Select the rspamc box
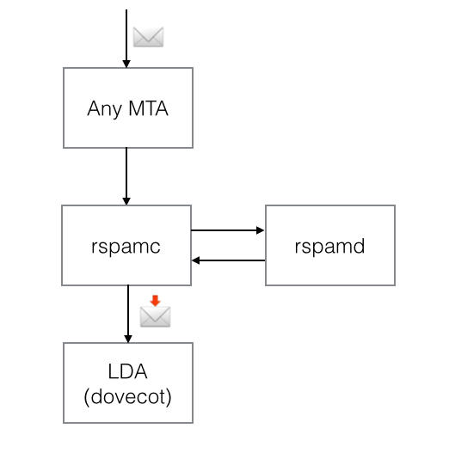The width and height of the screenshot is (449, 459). click(126, 245)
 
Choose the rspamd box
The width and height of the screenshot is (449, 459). click(329, 246)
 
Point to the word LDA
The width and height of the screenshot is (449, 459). click(127, 373)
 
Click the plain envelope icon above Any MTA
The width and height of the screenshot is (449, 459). click(148, 37)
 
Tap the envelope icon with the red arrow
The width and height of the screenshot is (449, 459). click(155, 315)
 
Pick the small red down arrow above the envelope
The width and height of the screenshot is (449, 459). click(155, 301)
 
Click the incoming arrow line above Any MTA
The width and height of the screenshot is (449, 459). click(126, 34)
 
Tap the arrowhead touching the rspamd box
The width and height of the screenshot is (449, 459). click(261, 230)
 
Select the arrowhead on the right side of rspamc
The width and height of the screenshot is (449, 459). click(195, 260)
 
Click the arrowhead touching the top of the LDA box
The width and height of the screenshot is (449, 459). click(127, 338)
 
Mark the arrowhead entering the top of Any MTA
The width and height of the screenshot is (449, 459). click(126, 63)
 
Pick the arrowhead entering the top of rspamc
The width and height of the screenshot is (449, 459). click(126, 200)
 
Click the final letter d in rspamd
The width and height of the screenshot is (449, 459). click(360, 246)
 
